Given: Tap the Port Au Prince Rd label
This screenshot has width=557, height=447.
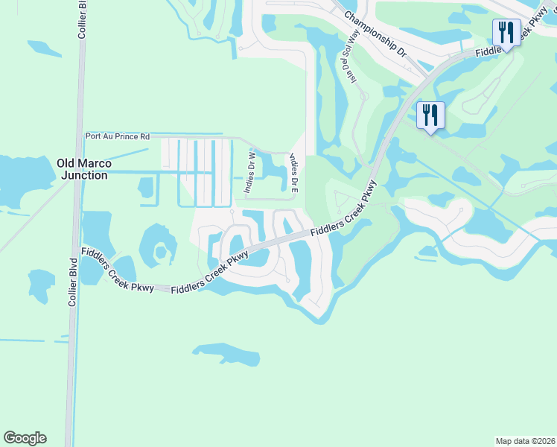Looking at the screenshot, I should pos(118,136).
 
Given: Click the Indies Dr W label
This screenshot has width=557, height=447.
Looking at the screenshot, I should pos(251,174).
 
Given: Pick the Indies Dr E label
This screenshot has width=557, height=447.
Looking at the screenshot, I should pos(293,173).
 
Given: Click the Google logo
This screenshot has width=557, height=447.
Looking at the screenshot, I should pos(25,438).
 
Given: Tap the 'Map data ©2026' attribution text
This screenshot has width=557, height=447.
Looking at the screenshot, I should pos(526,441).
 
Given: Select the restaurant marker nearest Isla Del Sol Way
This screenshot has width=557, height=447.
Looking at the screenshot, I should pos(430,115).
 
